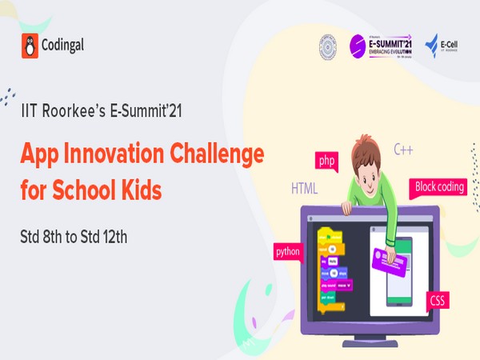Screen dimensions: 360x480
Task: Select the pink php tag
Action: tap(326, 161)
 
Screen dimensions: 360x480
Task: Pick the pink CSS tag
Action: tap(438, 302)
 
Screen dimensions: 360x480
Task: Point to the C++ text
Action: tap(403, 149)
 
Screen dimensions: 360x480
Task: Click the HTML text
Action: tap(304, 190)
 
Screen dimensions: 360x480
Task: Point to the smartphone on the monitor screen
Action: tap(398, 270)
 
